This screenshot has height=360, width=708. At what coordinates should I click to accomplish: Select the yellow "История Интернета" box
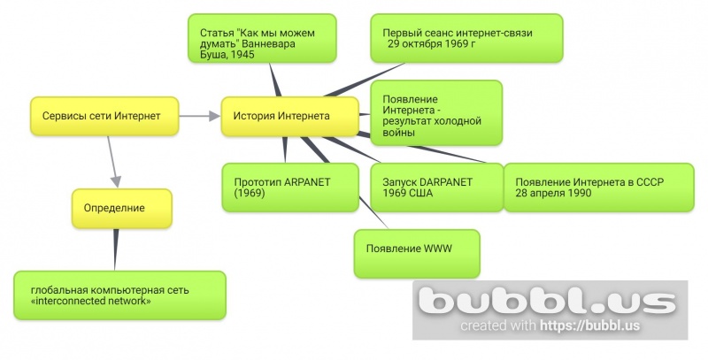pyautogui.click(x=289, y=116)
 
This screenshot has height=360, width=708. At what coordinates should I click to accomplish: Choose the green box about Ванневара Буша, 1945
pyautogui.click(x=262, y=38)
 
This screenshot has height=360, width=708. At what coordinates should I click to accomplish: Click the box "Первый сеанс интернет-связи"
pyautogui.click(x=466, y=38)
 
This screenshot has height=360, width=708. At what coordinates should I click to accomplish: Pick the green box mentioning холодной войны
pyautogui.click(x=436, y=112)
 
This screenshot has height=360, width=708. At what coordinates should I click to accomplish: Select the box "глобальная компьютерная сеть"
pyautogui.click(x=119, y=295)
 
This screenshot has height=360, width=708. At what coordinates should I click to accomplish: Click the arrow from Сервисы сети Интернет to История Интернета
pyautogui.click(x=200, y=116)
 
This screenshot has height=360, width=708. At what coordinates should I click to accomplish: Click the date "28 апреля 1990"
pyautogui.click(x=553, y=193)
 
